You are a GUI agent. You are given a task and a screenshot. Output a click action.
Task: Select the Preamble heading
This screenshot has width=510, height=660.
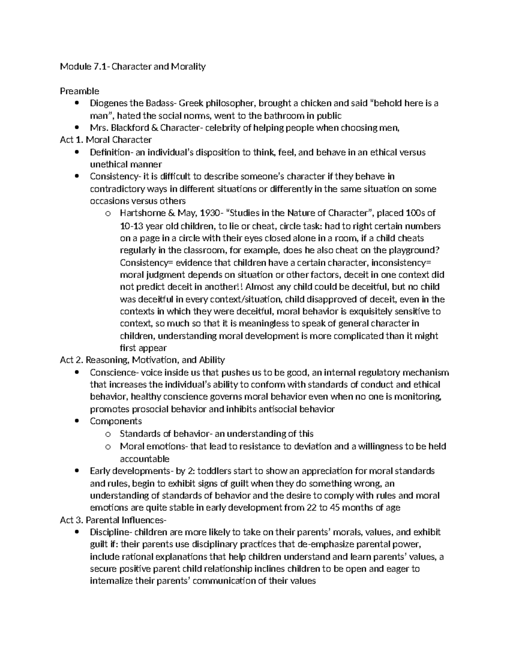[79, 91]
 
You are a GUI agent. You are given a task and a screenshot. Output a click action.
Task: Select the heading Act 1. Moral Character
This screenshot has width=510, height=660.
[106, 140]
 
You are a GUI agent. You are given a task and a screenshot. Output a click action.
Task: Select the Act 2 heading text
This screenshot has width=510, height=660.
[142, 360]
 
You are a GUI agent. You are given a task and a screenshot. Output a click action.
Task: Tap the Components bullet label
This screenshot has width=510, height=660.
[116, 421]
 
